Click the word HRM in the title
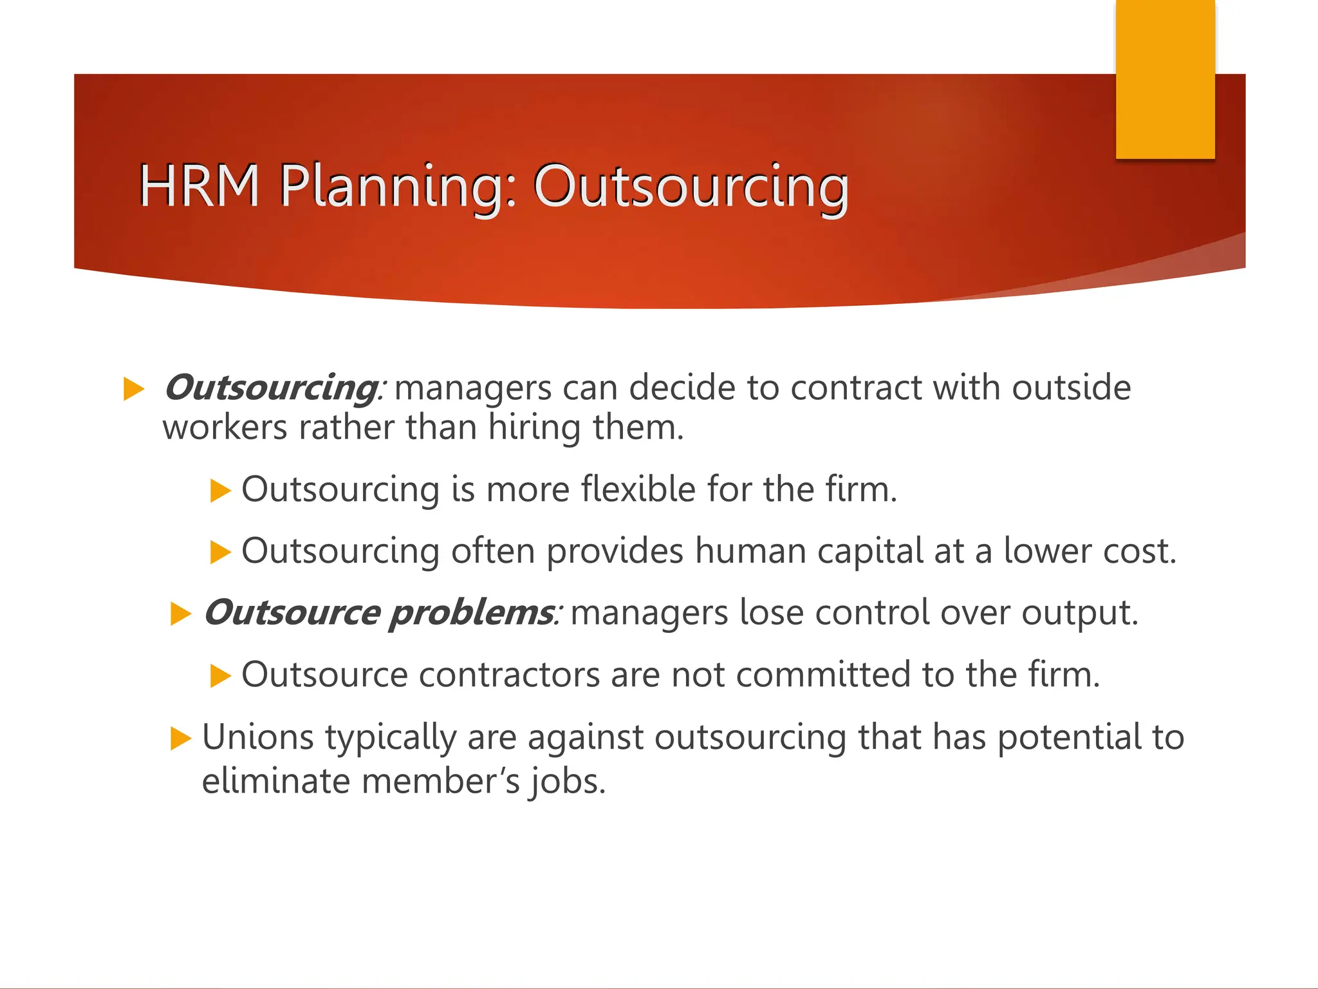(199, 186)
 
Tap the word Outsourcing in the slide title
(691, 186)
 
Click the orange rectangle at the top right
(1165, 80)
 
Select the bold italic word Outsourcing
(270, 388)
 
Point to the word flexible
(638, 489)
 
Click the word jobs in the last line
(567, 782)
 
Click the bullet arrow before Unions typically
(181, 738)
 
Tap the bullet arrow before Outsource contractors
(220, 676)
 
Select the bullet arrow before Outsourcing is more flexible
(220, 491)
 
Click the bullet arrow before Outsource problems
(181, 614)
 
